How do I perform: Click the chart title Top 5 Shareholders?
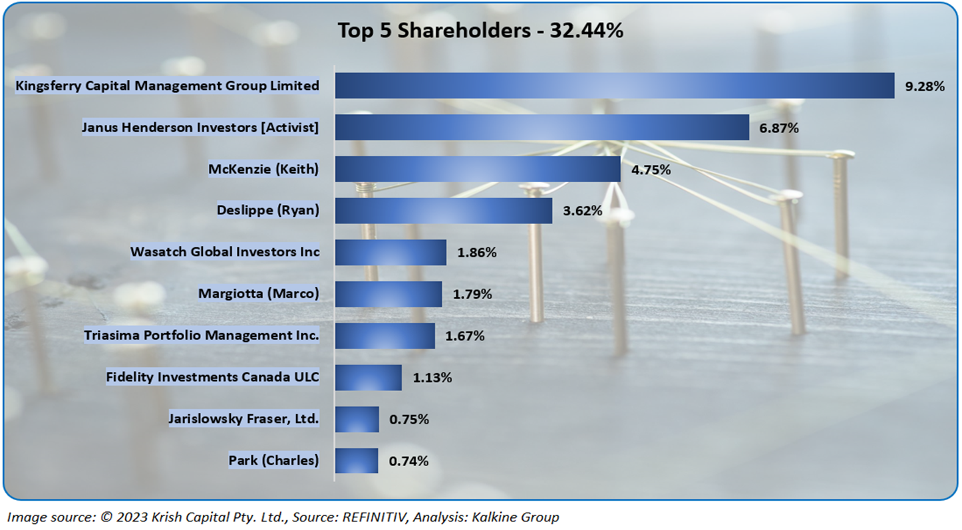(x=480, y=31)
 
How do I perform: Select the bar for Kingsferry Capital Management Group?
(x=614, y=86)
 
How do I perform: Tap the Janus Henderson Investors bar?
(x=542, y=127)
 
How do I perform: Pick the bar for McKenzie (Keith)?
(x=477, y=169)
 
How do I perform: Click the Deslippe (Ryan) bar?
(x=443, y=211)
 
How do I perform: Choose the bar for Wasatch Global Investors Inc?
(x=391, y=253)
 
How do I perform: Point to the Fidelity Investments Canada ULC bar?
(x=368, y=378)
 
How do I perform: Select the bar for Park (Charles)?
(x=356, y=460)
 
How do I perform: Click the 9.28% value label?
(x=925, y=86)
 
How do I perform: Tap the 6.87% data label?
(x=779, y=128)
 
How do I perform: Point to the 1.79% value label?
(x=472, y=294)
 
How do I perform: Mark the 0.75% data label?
(x=409, y=419)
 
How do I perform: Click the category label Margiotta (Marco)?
(x=259, y=293)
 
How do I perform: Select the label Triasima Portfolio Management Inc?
(x=202, y=335)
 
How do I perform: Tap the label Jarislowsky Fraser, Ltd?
(x=244, y=419)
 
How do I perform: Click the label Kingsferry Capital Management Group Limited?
(x=167, y=86)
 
